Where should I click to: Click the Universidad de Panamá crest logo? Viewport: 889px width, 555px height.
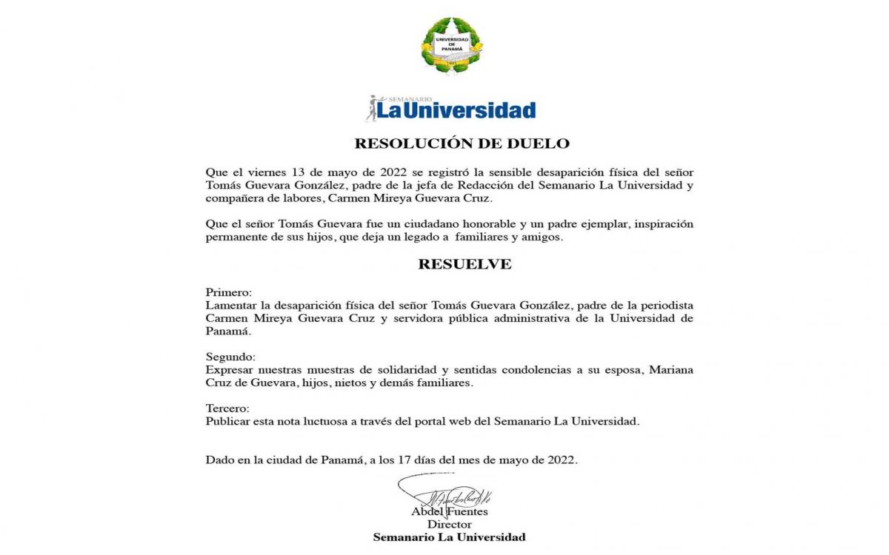[451, 44]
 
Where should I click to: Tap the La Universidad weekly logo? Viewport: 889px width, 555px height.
[450, 108]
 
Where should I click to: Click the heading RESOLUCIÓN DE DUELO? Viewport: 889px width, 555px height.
[462, 144]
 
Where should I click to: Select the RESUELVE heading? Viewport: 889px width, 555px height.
[465, 264]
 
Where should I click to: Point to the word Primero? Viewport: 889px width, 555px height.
[229, 292]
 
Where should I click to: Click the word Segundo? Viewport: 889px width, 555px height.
[230, 357]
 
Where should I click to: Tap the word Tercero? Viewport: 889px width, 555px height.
[227, 408]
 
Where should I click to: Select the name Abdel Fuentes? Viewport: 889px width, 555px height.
[450, 511]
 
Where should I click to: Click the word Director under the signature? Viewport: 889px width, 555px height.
[450, 524]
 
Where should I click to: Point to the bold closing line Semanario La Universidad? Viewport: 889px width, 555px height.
[449, 537]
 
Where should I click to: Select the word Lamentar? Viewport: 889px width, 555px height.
[231, 306]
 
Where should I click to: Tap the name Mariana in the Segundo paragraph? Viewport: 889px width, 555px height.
[671, 370]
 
